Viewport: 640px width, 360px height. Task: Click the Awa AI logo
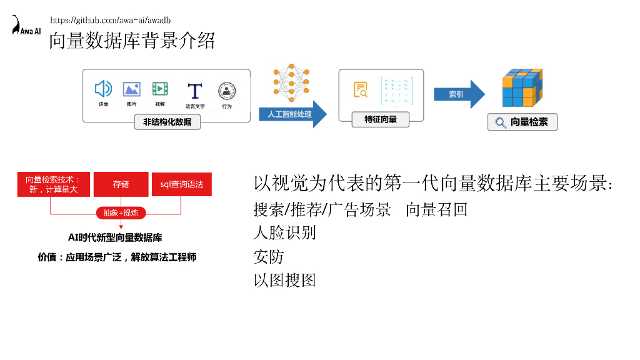point(25,26)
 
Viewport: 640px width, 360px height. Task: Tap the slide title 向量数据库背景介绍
point(132,41)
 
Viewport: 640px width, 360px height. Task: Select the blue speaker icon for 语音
point(103,89)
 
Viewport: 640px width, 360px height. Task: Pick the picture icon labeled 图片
point(131,89)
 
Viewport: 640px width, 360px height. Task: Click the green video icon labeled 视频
point(160,89)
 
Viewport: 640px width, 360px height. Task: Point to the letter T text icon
point(195,91)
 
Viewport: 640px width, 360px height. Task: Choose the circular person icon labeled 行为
point(226,91)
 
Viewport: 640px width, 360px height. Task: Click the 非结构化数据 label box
point(167,122)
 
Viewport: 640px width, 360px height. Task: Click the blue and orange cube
point(522,88)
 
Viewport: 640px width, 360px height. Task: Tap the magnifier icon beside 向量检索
point(501,122)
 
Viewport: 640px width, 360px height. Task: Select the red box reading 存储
point(121,184)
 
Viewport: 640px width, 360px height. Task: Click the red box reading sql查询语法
point(182,184)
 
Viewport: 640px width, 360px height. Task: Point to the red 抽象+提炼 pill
point(121,213)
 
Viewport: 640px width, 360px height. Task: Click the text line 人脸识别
point(284,232)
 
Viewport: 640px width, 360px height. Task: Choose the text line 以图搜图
point(284,280)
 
